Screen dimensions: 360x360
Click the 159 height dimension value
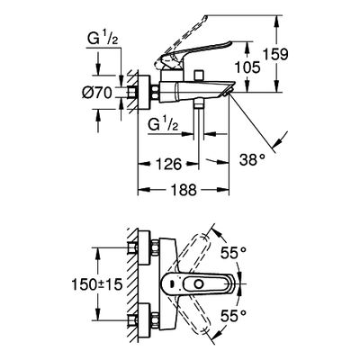(x=275, y=54)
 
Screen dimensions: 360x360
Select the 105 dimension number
(x=247, y=67)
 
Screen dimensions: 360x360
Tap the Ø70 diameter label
(x=97, y=93)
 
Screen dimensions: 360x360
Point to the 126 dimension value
(x=169, y=164)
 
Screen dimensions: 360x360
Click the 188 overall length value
(x=184, y=190)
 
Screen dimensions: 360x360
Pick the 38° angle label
(x=252, y=160)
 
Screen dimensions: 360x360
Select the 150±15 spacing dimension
(x=97, y=283)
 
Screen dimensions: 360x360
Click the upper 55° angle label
(x=233, y=253)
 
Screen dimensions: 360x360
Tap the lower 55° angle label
(x=233, y=315)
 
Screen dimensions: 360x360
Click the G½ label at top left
(x=103, y=40)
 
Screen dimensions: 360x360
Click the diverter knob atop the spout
(x=199, y=76)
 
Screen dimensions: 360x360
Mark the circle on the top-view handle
(x=198, y=283)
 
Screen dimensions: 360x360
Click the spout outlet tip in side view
(x=228, y=92)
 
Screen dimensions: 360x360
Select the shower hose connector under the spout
(x=199, y=103)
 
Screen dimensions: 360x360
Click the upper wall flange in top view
(x=143, y=248)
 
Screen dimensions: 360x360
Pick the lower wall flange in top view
(x=143, y=320)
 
